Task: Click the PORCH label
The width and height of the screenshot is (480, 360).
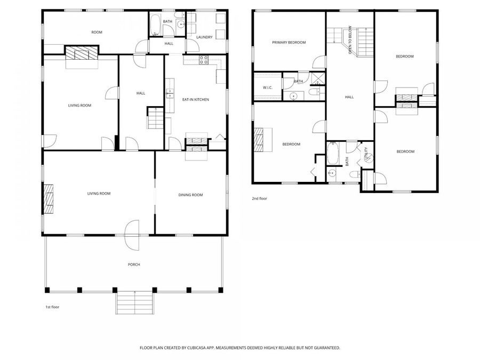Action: click(x=134, y=265)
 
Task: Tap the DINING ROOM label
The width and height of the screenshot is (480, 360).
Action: click(x=190, y=195)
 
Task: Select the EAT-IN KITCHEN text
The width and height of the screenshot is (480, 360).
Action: click(x=196, y=100)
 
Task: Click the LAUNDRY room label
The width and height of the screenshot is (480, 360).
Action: click(x=204, y=37)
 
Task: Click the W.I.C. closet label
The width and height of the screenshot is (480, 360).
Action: click(x=268, y=88)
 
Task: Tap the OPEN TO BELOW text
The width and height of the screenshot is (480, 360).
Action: click(x=350, y=40)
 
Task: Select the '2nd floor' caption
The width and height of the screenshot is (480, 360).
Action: click(x=259, y=199)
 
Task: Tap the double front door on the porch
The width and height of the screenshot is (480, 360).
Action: click(x=132, y=235)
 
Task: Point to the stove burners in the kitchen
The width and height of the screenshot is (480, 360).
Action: click(x=203, y=60)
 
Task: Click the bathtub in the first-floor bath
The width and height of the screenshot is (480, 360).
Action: click(x=155, y=25)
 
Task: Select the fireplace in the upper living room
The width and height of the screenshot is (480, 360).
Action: click(x=82, y=53)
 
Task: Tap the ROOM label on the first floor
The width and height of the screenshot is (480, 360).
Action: click(x=97, y=33)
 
